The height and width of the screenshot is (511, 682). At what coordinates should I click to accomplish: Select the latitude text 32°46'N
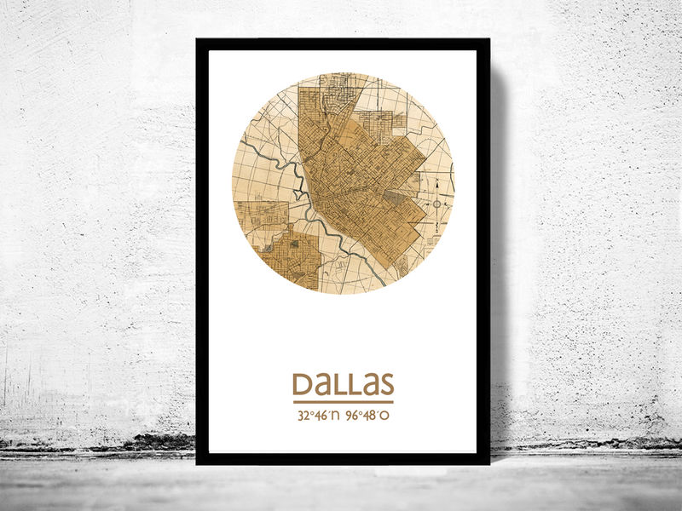pos(318,416)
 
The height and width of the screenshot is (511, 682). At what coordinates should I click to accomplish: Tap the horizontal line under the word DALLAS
pos(343,402)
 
